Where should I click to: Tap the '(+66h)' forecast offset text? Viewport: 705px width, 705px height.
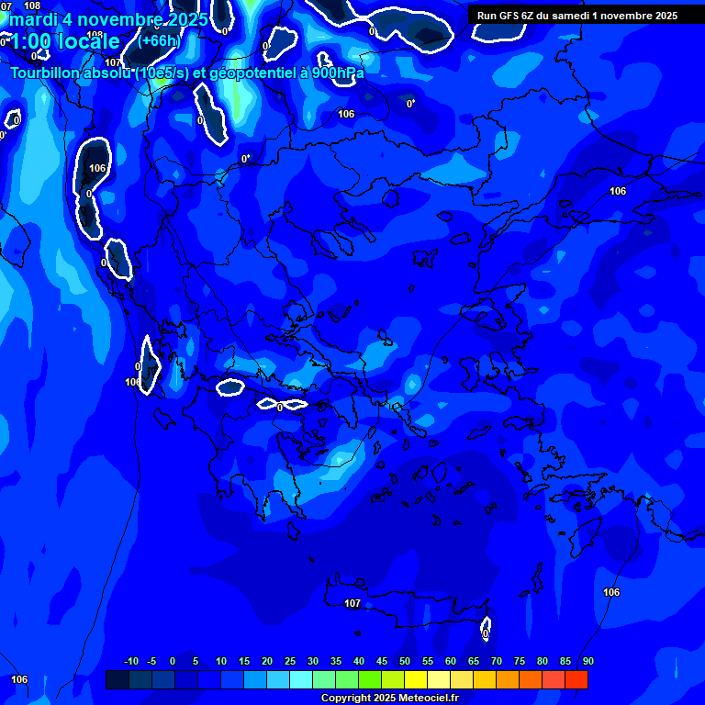(159, 40)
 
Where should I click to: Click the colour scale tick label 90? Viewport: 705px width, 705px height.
(587, 661)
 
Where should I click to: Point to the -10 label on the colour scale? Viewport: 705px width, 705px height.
(130, 661)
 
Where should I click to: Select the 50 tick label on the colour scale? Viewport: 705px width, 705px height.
(405, 661)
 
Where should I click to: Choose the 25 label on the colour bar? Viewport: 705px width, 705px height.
(290, 661)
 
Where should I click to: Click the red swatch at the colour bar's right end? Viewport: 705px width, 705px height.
(576, 679)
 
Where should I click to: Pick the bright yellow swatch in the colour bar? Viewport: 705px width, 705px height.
(416, 679)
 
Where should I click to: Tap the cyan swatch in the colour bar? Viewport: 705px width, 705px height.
(301, 679)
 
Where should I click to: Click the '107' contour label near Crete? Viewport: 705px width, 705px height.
(352, 603)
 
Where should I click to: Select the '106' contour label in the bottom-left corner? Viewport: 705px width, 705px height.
(19, 679)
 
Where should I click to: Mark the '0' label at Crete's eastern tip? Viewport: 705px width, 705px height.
(485, 633)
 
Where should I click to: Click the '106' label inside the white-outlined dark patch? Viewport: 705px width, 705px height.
(97, 168)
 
